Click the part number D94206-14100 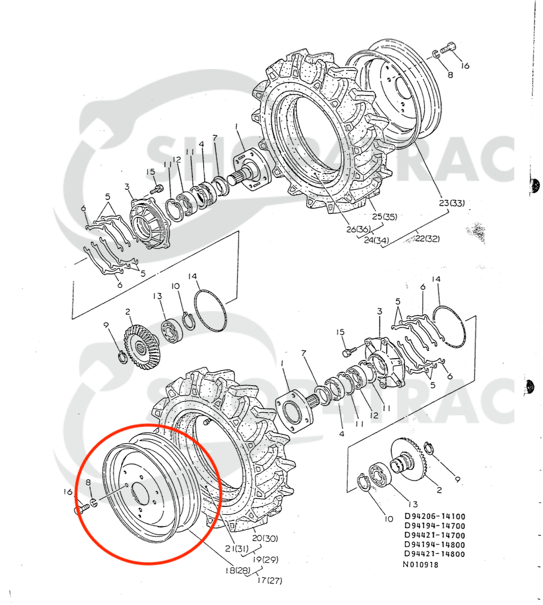tap(434, 516)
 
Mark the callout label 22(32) tap(426, 238)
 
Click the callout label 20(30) tap(265, 538)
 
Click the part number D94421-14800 tap(434, 554)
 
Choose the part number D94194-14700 tap(434, 526)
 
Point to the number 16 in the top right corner tap(465, 65)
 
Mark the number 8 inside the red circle tap(88, 482)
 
